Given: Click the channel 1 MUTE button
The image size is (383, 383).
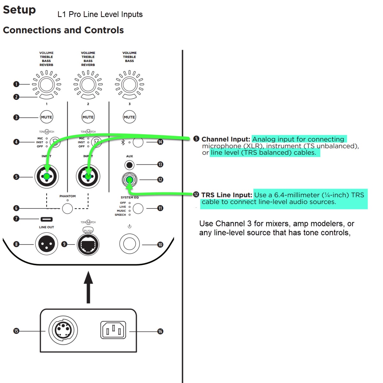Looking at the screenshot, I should click(x=46, y=117).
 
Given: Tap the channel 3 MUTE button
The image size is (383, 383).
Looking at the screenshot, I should click(x=129, y=117).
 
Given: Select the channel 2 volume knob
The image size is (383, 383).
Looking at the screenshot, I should click(x=88, y=85).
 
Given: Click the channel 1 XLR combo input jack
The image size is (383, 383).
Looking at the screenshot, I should click(x=47, y=176).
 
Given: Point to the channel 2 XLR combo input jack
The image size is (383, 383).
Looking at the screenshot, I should click(x=88, y=176).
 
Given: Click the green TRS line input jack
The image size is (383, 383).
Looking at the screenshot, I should click(x=129, y=180).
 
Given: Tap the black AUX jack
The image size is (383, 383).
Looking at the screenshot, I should click(x=129, y=165).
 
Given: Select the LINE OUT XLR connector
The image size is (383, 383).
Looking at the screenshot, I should click(x=47, y=244).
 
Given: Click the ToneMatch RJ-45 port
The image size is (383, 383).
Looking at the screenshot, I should click(x=88, y=245).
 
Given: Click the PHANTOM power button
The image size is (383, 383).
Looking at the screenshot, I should click(x=67, y=208).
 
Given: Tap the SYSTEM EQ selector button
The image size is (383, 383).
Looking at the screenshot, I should click(x=138, y=208).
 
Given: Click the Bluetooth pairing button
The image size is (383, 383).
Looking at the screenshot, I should click(x=138, y=142).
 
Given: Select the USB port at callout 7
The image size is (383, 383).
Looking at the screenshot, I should click(x=47, y=219).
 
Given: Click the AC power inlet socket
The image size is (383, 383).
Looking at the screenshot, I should click(x=113, y=330).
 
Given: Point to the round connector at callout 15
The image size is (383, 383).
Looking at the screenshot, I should click(x=63, y=330).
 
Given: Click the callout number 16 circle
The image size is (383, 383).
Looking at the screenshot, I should click(x=160, y=332).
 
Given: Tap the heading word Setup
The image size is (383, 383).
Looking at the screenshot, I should click(x=19, y=10).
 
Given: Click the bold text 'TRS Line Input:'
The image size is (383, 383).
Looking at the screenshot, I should click(x=227, y=195).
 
